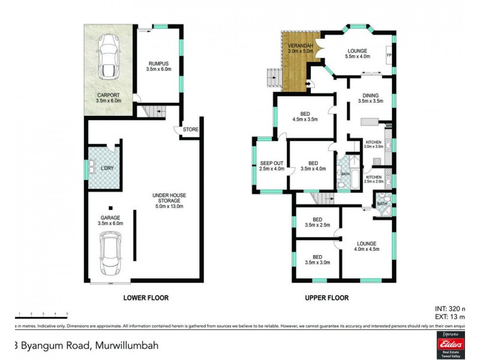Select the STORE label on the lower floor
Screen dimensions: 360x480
point(191,130)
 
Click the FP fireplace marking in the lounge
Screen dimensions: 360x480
point(389,56)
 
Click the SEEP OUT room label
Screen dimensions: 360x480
point(271,163)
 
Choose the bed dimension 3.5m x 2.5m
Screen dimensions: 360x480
point(317,226)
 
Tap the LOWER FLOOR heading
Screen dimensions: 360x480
point(145,298)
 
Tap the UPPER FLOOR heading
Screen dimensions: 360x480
point(326,298)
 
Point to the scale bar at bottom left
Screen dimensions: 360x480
point(42,314)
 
